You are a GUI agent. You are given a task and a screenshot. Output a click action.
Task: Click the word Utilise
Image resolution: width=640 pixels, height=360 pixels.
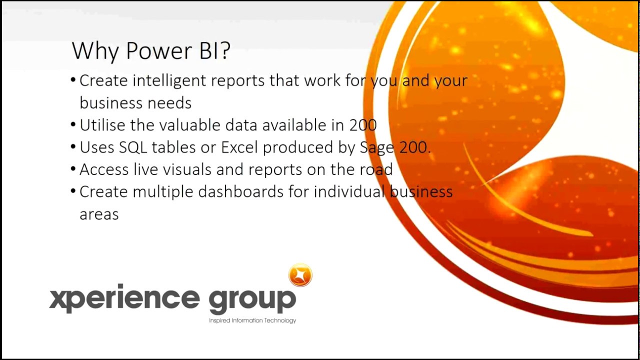[102, 125]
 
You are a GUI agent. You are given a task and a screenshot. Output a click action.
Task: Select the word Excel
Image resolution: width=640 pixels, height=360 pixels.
[239, 147]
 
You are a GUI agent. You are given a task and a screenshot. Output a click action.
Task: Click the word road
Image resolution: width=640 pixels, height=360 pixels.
[375, 169]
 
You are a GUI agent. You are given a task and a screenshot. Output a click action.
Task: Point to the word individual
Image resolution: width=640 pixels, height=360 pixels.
[348, 191]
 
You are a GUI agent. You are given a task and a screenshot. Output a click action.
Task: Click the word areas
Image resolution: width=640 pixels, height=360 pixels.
[99, 214]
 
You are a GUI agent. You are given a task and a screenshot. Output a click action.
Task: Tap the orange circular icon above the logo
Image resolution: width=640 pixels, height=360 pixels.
[300, 275]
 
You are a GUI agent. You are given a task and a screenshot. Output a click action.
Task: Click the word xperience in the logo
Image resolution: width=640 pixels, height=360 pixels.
[124, 298]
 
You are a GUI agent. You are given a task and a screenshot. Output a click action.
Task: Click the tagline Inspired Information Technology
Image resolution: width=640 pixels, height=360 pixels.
[252, 320]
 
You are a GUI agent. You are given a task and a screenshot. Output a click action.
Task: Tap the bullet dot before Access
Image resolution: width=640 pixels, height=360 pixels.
[73, 169]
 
